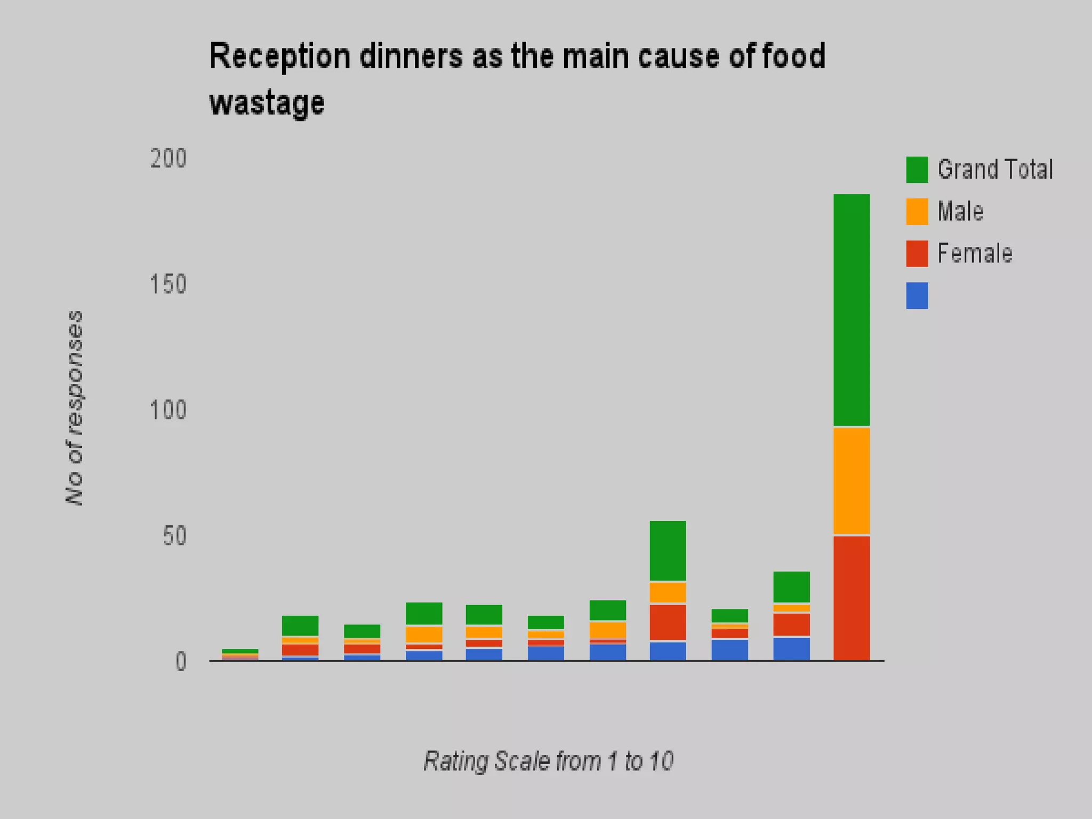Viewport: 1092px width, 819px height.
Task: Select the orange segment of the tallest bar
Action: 852,480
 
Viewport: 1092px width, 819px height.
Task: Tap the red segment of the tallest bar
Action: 852,597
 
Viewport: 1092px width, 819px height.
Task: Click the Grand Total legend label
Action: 995,170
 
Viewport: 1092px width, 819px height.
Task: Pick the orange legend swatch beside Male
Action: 917,212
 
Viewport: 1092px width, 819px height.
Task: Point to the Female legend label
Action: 975,253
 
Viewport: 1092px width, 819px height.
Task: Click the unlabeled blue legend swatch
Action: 917,295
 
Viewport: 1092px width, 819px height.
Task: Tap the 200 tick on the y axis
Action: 168,159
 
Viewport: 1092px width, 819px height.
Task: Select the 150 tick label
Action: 168,284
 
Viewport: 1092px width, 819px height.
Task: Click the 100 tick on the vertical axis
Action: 168,410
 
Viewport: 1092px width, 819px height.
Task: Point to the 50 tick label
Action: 174,536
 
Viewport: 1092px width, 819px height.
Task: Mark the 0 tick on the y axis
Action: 181,662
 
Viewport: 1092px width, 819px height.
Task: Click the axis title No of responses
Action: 75,408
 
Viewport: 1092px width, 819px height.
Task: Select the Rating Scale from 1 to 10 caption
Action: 548,761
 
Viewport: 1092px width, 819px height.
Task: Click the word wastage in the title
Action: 267,103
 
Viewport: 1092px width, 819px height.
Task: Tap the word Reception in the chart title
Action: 280,56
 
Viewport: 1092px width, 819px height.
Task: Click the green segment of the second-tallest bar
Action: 668,550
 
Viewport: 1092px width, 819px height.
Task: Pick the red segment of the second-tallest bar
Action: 668,622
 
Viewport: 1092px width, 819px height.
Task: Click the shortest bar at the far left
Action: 240,655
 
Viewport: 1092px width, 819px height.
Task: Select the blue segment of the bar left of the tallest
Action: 791,648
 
